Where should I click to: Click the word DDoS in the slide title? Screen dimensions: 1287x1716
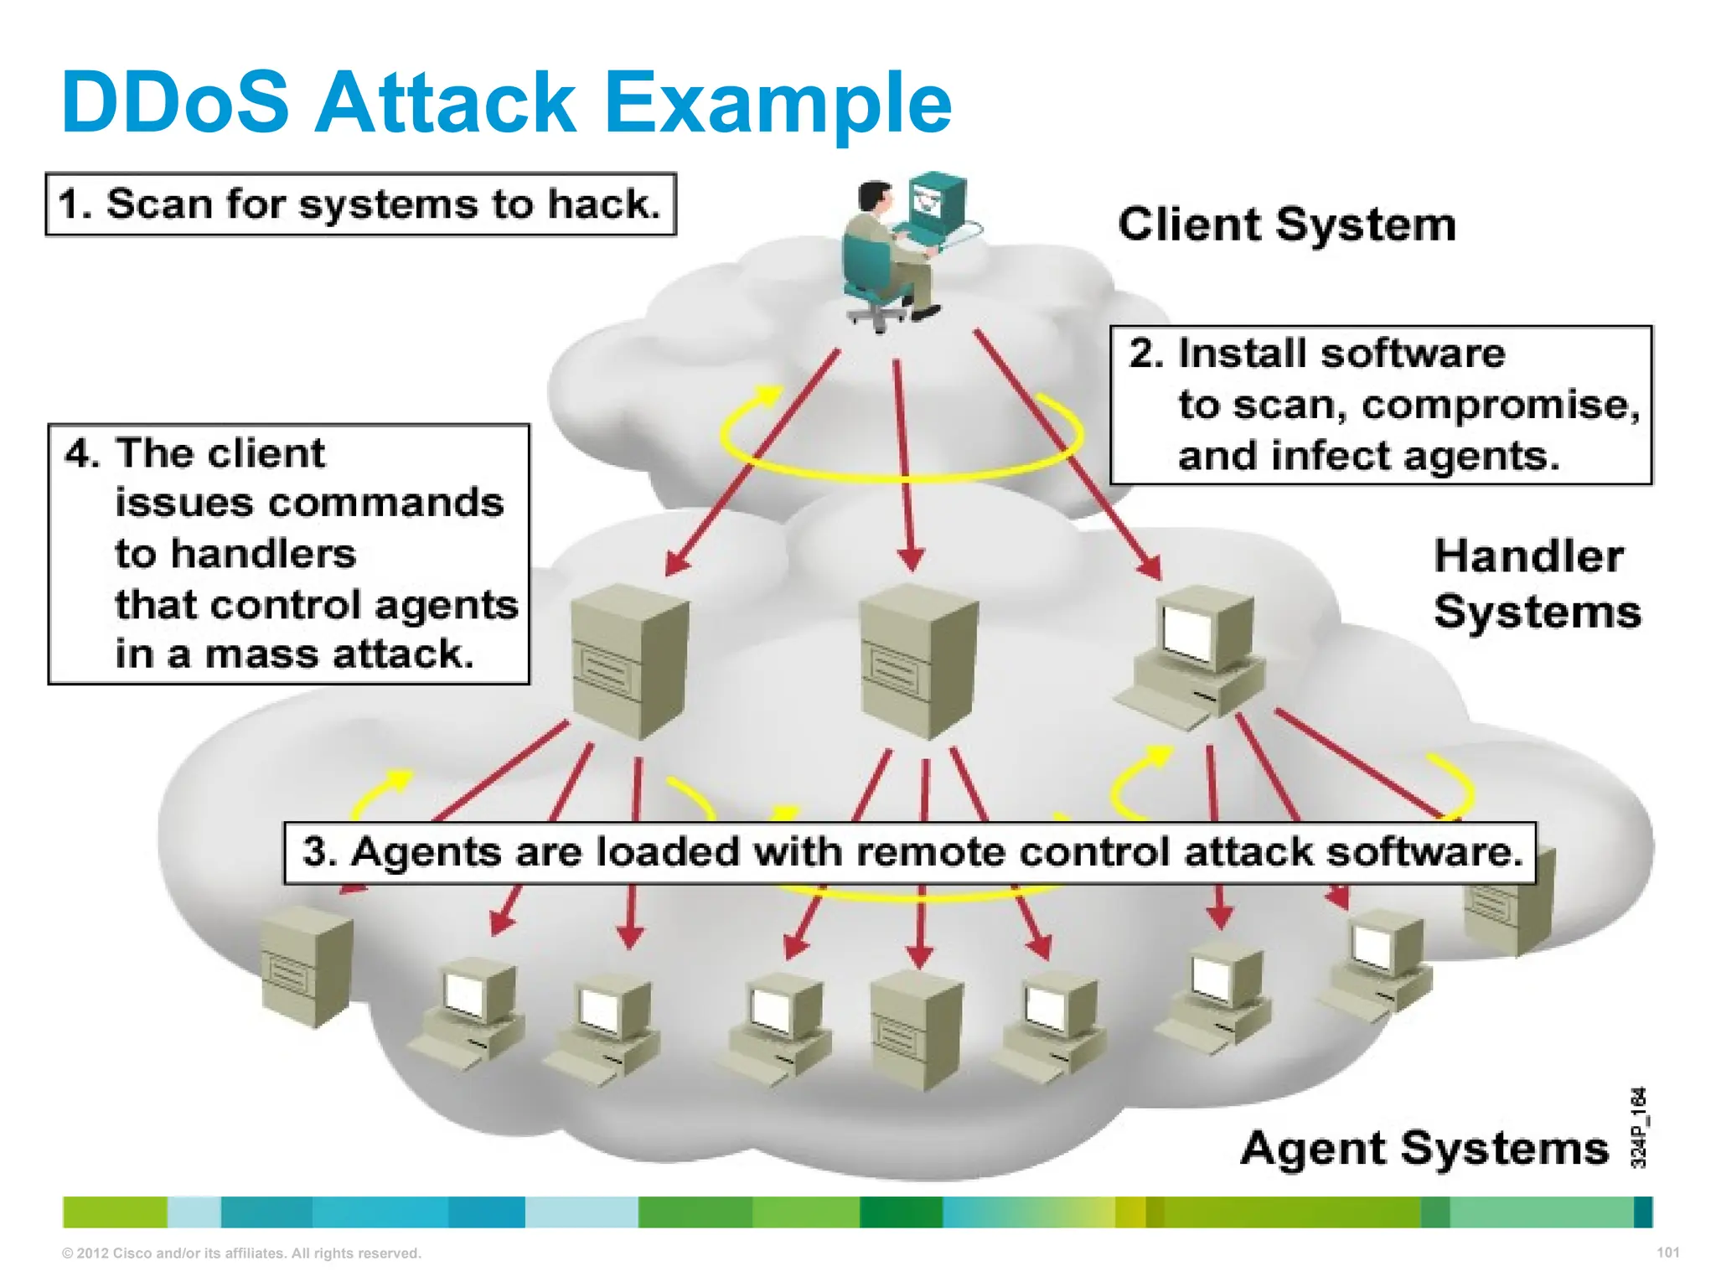click(175, 102)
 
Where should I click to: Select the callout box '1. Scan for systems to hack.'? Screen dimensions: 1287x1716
click(360, 204)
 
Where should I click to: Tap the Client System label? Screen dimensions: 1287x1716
click(1287, 225)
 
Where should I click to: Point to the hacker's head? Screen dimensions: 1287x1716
click(875, 196)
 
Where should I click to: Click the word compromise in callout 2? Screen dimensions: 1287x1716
click(1500, 406)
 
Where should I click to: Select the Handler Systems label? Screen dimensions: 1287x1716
click(1537, 584)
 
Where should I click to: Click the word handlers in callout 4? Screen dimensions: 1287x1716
click(235, 554)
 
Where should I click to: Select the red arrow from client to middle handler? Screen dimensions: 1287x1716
click(903, 461)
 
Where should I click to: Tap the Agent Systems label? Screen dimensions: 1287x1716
click(1424, 1148)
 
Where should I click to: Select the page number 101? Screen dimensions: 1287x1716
click(1667, 1253)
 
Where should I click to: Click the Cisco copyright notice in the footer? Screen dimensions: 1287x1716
click(241, 1253)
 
